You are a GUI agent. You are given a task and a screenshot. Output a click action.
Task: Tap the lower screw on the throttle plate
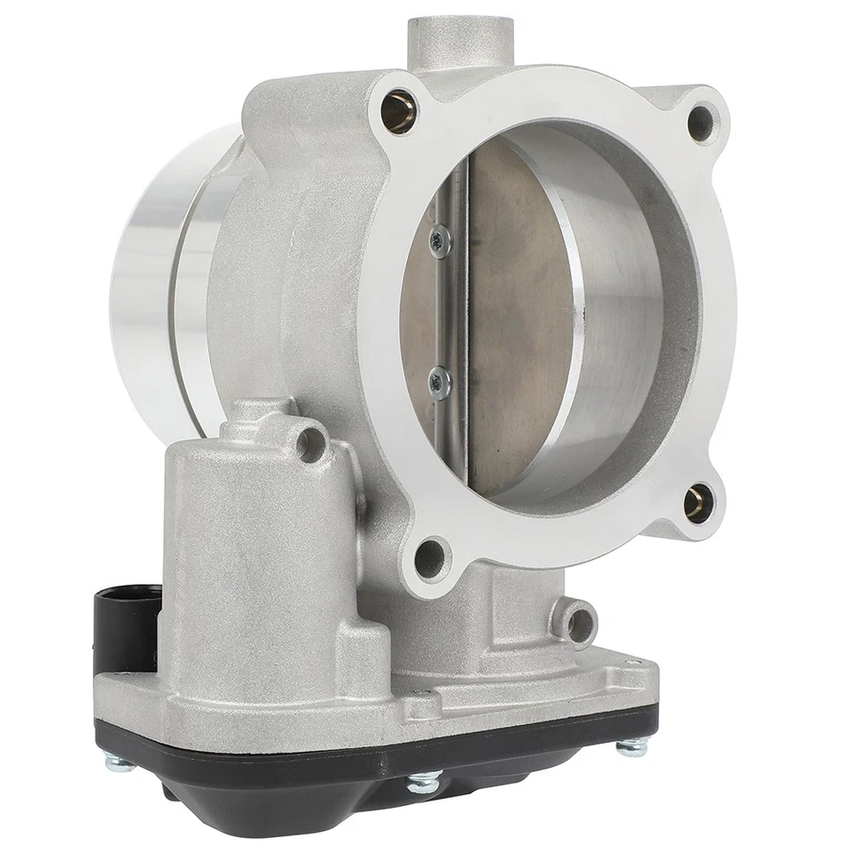coord(438,382)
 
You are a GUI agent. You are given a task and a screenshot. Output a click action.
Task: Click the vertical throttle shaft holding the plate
coord(456,312)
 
